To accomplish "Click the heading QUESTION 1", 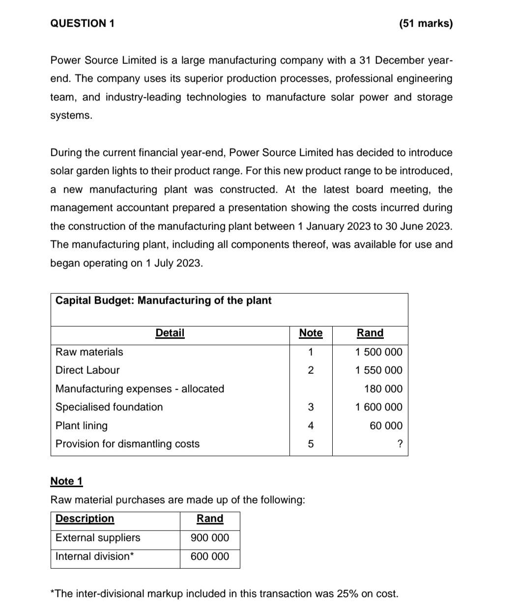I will click(x=83, y=24).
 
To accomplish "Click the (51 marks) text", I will click(x=426, y=24).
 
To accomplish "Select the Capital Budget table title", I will click(x=163, y=301).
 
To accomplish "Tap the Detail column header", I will click(x=170, y=333).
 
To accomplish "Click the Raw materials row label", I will click(x=89, y=352).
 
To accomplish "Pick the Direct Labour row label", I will click(x=87, y=370).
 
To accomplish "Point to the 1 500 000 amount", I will click(x=378, y=352).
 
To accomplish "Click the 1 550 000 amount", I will click(x=378, y=370).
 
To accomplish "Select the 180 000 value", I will click(x=383, y=389).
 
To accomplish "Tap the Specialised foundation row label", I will click(x=109, y=407).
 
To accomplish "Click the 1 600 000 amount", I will click(x=378, y=407).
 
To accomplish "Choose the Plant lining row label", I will click(x=82, y=426).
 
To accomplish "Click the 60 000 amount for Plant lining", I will click(x=386, y=426).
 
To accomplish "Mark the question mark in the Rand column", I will click(x=400, y=445).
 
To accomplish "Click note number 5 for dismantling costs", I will click(x=311, y=445).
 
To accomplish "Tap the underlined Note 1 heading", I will click(x=67, y=481).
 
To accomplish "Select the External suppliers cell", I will click(x=98, y=538).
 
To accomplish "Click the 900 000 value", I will click(x=210, y=538).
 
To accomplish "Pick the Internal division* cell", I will click(x=95, y=556).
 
